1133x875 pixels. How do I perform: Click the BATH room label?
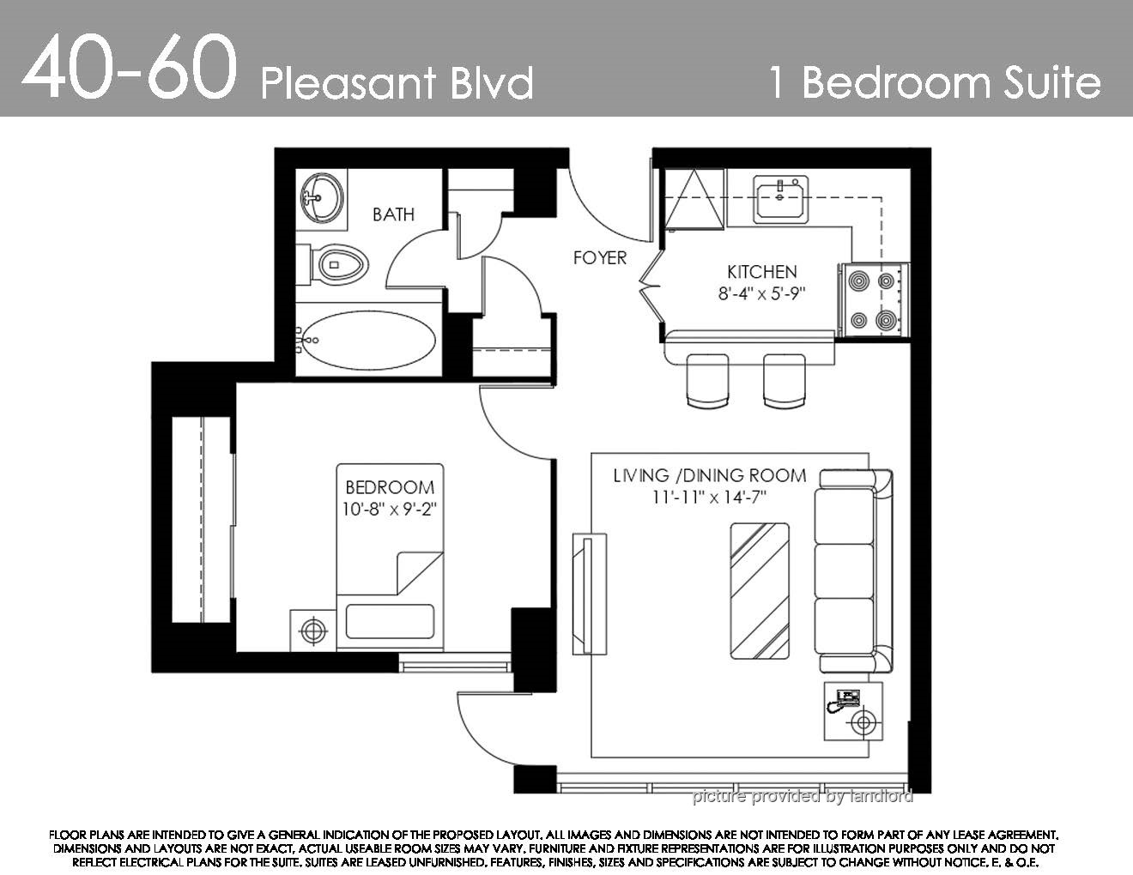tap(393, 214)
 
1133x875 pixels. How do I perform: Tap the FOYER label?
tap(600, 257)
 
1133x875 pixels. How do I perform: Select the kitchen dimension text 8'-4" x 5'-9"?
tap(761, 294)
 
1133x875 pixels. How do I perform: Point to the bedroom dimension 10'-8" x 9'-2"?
tap(389, 509)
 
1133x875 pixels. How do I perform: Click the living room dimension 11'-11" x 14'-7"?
tap(709, 498)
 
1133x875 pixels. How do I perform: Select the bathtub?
tap(368, 341)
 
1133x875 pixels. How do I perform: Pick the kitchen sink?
tap(780, 200)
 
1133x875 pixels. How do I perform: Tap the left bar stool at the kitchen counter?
tap(707, 380)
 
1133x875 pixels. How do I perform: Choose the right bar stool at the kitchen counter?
tap(785, 380)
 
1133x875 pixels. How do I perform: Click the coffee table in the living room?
tap(759, 591)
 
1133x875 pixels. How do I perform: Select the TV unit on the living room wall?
tap(589, 594)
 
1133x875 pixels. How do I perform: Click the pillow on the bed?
tap(390, 621)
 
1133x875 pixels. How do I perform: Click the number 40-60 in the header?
tap(129, 66)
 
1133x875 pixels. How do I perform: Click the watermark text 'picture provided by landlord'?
tap(803, 796)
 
